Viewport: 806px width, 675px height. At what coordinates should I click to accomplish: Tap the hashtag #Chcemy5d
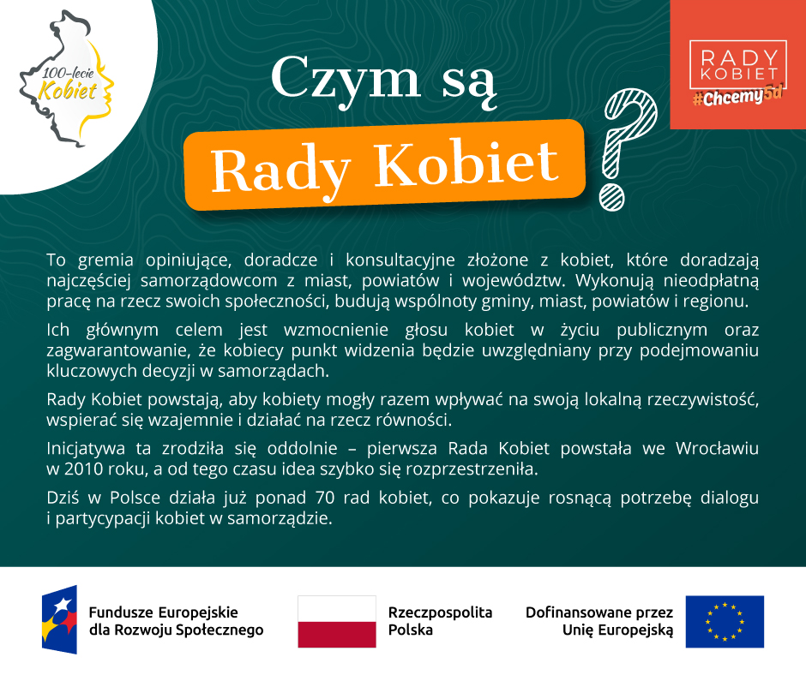pyautogui.click(x=737, y=96)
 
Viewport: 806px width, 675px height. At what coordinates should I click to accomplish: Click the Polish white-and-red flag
pyautogui.click(x=337, y=622)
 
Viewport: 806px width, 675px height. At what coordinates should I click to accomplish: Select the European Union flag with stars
pyautogui.click(x=725, y=622)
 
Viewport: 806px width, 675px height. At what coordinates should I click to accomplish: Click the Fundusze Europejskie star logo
pyautogui.click(x=60, y=619)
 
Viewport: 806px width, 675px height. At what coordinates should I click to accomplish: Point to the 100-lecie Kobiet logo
pyautogui.click(x=67, y=80)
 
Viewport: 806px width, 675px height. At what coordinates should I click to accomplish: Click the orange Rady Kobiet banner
pyautogui.click(x=384, y=164)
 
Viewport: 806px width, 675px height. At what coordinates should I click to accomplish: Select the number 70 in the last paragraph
pyautogui.click(x=325, y=498)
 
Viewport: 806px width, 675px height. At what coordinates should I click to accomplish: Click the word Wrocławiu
pyautogui.click(x=717, y=449)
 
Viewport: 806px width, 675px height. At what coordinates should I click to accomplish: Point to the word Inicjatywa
pyautogui.click(x=86, y=449)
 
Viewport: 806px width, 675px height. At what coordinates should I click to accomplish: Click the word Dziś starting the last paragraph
pyautogui.click(x=63, y=498)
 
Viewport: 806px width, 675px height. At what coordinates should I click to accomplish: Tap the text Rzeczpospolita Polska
pyautogui.click(x=440, y=621)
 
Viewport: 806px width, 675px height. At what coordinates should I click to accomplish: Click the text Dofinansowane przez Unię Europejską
pyautogui.click(x=599, y=621)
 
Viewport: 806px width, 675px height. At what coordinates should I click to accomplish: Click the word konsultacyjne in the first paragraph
pyautogui.click(x=400, y=260)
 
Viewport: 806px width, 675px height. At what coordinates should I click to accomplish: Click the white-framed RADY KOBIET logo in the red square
pyautogui.click(x=737, y=64)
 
